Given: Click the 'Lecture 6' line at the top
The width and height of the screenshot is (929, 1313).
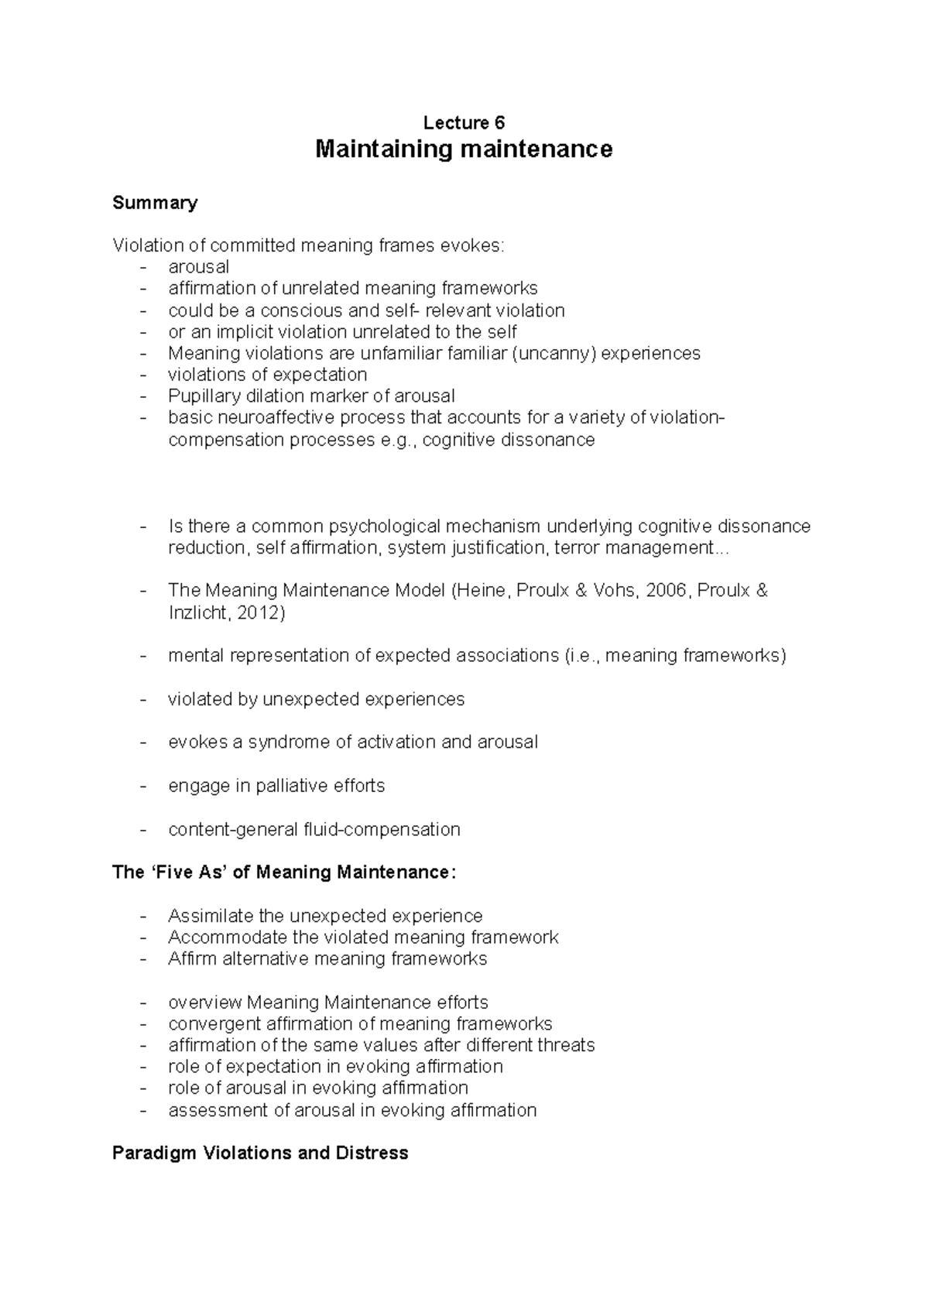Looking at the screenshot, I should coord(464,122).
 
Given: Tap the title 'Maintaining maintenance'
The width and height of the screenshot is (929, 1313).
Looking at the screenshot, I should coord(464,149).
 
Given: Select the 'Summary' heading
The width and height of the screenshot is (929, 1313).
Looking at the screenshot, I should coord(155,203).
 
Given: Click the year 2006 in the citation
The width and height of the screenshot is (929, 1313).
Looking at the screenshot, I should coord(668,591).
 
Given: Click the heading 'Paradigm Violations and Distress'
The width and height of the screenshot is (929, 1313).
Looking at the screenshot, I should coord(260,1154).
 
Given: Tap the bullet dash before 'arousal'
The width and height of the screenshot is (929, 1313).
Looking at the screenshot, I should coord(142,267).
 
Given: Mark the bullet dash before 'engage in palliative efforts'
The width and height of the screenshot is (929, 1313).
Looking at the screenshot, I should coord(142,787).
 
